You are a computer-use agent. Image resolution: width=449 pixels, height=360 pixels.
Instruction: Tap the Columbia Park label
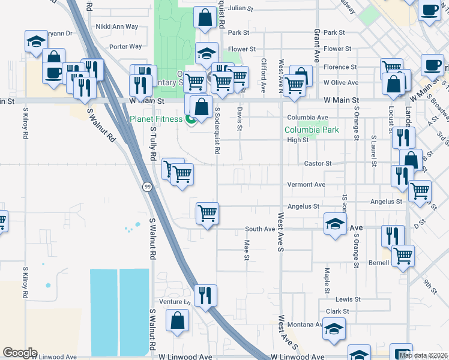click(x=312, y=130)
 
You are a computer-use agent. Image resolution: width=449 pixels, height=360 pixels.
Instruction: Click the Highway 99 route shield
click(x=147, y=187)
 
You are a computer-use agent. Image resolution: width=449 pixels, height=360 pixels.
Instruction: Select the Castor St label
click(x=318, y=163)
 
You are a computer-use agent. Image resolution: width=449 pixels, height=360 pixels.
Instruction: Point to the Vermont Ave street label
click(x=306, y=185)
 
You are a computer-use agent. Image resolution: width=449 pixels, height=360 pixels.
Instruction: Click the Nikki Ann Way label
click(x=117, y=27)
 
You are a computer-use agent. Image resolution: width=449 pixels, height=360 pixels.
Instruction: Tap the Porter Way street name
click(x=125, y=46)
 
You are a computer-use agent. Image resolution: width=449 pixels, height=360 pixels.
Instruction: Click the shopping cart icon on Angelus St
click(x=207, y=212)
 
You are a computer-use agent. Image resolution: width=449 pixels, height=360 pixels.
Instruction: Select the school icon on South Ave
click(x=335, y=224)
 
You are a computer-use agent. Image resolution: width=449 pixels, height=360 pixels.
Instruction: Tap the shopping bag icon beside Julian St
click(x=205, y=17)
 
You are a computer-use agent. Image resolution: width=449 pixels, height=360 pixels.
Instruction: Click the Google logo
click(x=20, y=353)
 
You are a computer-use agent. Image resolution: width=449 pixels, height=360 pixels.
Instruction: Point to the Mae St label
click(x=247, y=250)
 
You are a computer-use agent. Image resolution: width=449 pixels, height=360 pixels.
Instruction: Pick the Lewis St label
click(x=348, y=299)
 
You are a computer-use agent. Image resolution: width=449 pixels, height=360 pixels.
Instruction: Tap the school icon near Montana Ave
click(x=334, y=329)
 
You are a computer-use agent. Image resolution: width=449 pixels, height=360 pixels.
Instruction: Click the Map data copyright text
click(x=423, y=355)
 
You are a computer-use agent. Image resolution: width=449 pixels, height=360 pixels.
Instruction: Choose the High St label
click(x=298, y=140)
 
